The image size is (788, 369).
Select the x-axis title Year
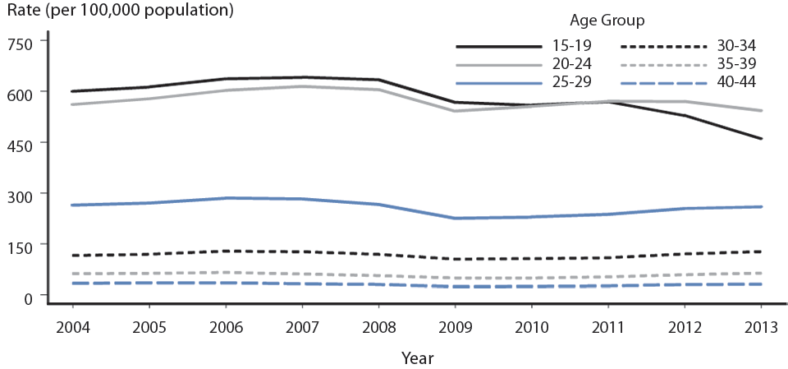click(x=417, y=357)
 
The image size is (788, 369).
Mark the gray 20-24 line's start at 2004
click(x=73, y=104)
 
